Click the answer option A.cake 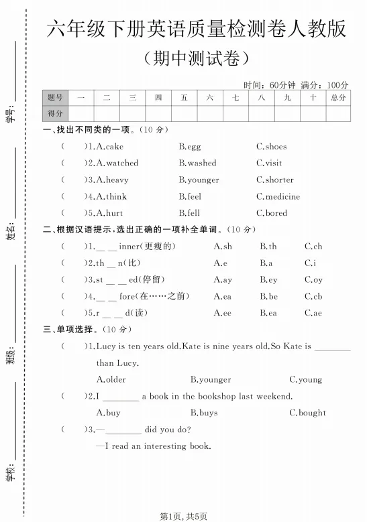[110, 147]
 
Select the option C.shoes [271, 147]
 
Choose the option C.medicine [278, 196]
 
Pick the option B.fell [189, 213]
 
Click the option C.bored [271, 213]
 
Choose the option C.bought [307, 413]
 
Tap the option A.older [111, 379]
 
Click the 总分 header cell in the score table [338, 98]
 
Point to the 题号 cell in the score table [55, 98]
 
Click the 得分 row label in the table [55, 114]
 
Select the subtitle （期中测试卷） [196, 58]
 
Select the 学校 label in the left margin [11, 474]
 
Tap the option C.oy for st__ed [313, 279]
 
